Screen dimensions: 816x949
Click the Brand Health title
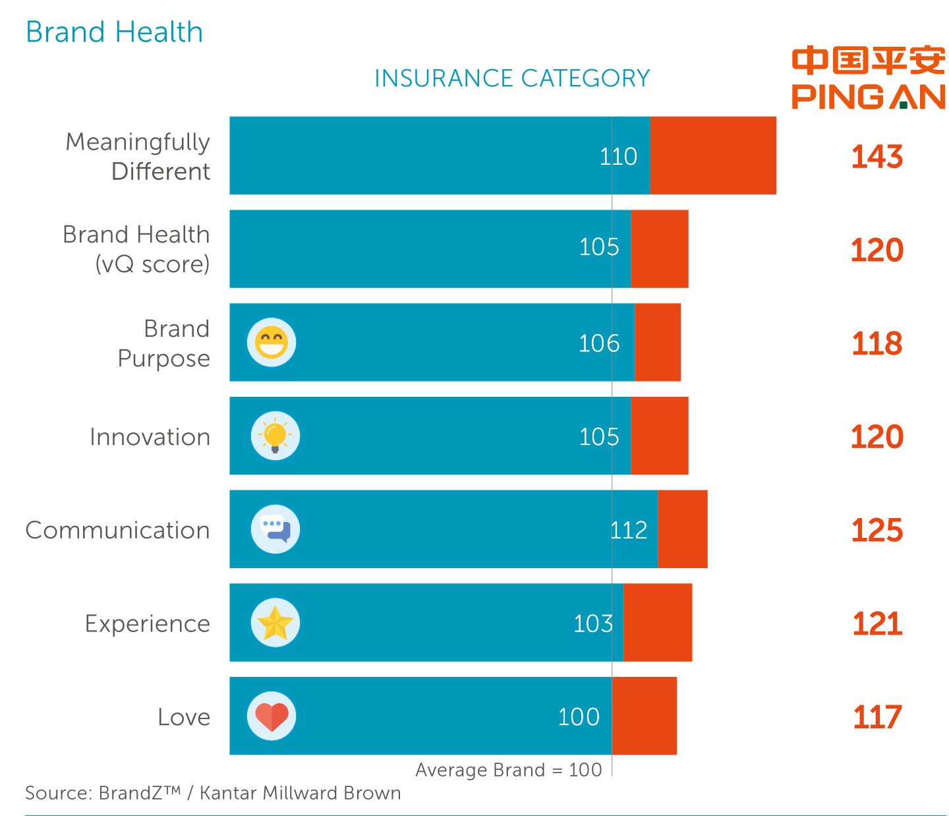pos(114,32)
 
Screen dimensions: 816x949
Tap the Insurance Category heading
pos(512,78)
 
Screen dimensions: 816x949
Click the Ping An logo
pos(869,78)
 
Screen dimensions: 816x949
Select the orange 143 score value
pos(877,157)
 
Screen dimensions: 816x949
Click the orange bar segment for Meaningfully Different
pos(713,156)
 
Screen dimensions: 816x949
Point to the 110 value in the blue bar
pos(618,157)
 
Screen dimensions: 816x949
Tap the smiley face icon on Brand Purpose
pos(272,343)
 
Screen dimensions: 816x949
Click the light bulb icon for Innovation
pos(275,436)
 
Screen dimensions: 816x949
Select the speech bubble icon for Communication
pos(275,529)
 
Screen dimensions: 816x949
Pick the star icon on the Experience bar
pos(275,623)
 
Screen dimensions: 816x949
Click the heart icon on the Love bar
pos(272,716)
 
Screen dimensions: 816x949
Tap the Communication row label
pos(117,531)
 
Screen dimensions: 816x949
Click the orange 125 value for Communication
pos(877,531)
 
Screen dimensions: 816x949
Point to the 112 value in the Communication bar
pos(629,531)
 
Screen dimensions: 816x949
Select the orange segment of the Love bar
pos(645,716)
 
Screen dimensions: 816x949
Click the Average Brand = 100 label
pos(508,770)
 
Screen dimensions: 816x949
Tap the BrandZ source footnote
pos(213,792)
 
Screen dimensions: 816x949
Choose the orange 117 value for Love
pos(877,717)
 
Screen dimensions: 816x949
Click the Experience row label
pos(148,624)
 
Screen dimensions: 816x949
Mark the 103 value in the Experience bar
pos(593,624)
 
